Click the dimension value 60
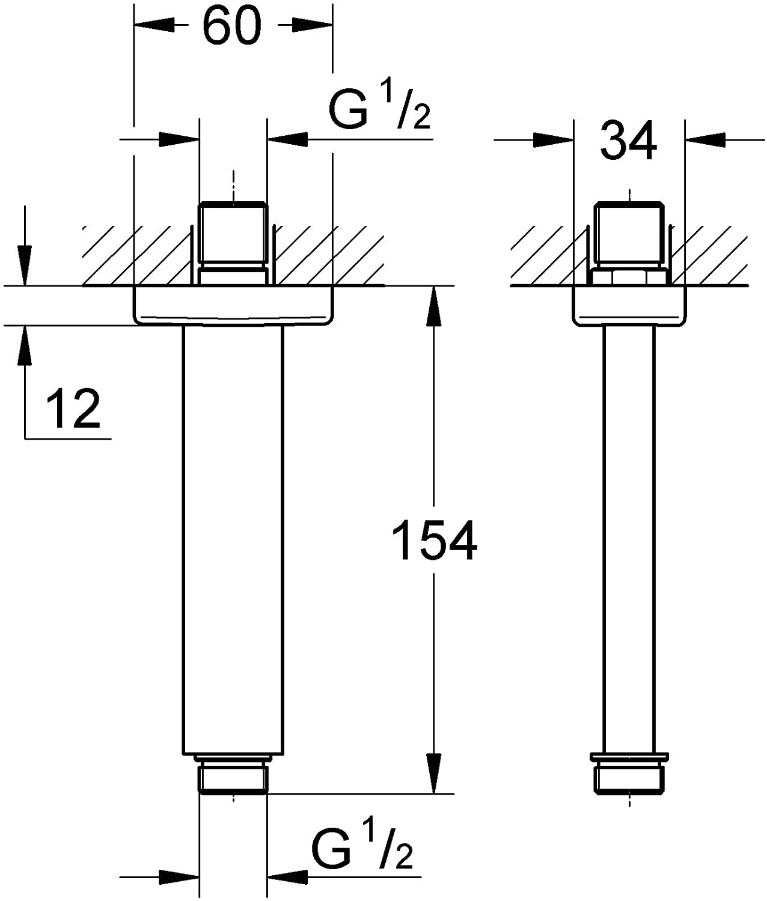[232, 26]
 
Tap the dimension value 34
[628, 141]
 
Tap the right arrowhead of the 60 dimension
[313, 25]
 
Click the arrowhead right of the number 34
[705, 140]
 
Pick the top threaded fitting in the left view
[233, 244]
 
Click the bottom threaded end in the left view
[233, 774]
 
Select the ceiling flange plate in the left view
[233, 305]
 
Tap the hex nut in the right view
[629, 278]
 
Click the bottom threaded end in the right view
[629, 774]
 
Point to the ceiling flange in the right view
[629, 305]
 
